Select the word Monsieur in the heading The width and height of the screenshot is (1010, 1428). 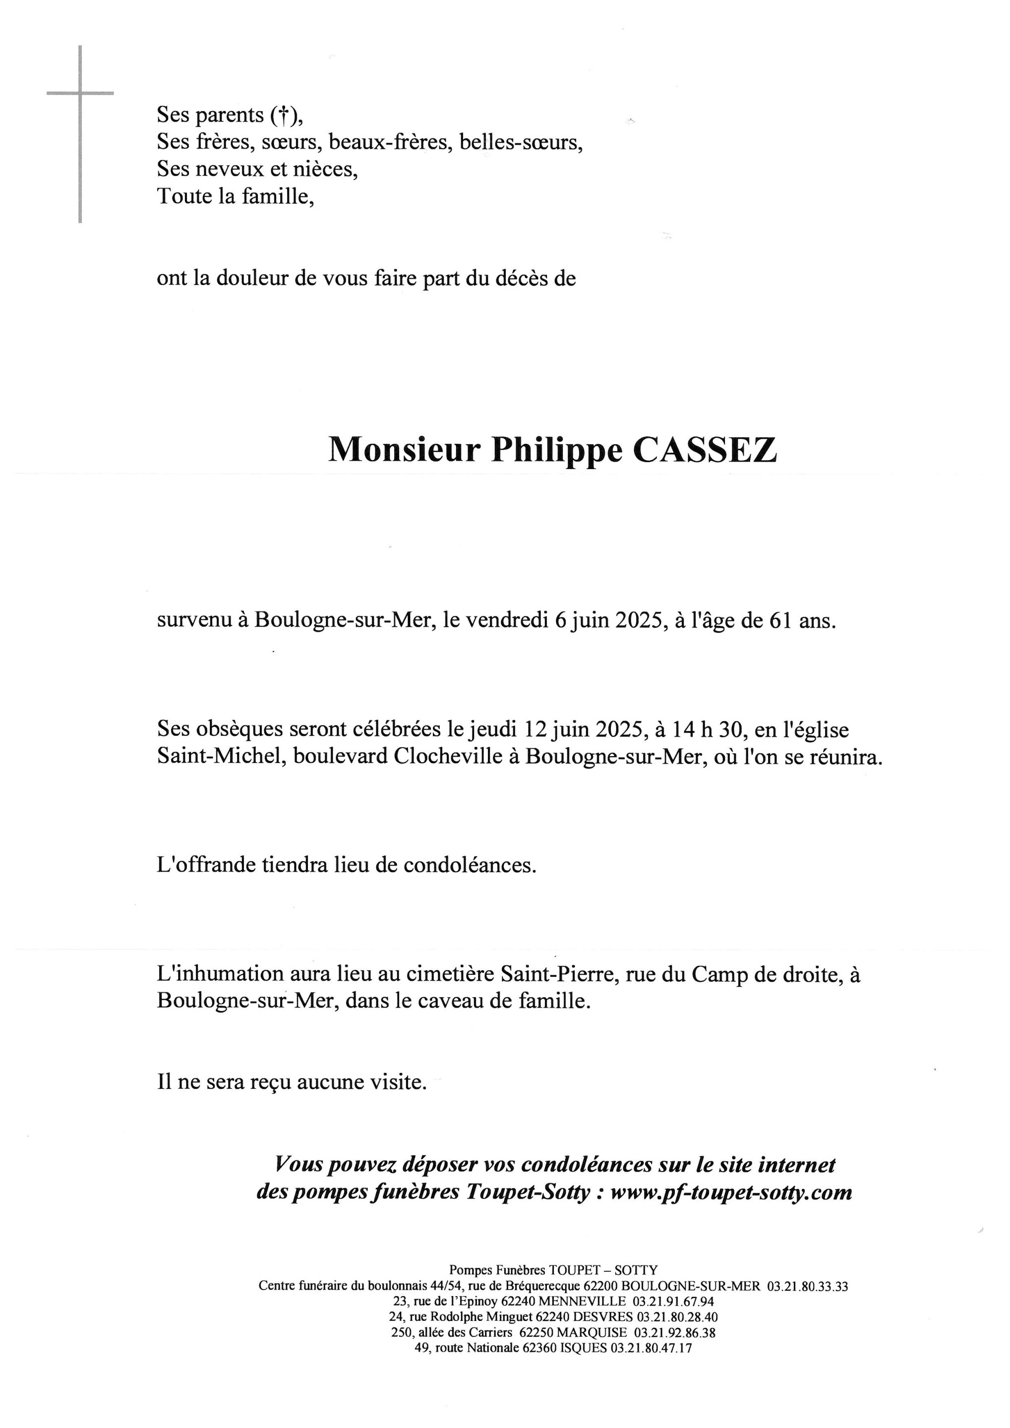(404, 449)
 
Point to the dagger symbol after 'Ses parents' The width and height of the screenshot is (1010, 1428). (283, 115)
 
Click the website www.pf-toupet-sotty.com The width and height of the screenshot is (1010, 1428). (731, 1192)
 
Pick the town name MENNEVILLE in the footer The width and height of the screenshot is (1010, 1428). (582, 1302)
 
